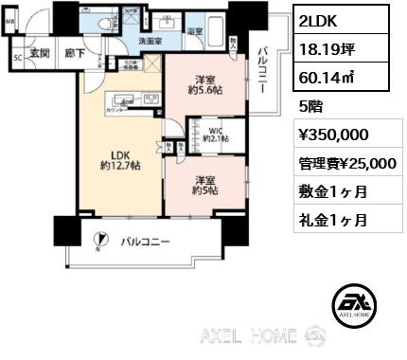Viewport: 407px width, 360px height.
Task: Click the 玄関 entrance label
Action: [x=39, y=55]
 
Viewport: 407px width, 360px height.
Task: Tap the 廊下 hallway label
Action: [x=71, y=55]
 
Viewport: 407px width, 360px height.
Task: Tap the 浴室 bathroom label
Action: [x=192, y=31]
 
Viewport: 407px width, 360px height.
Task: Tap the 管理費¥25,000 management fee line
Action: [x=346, y=164]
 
